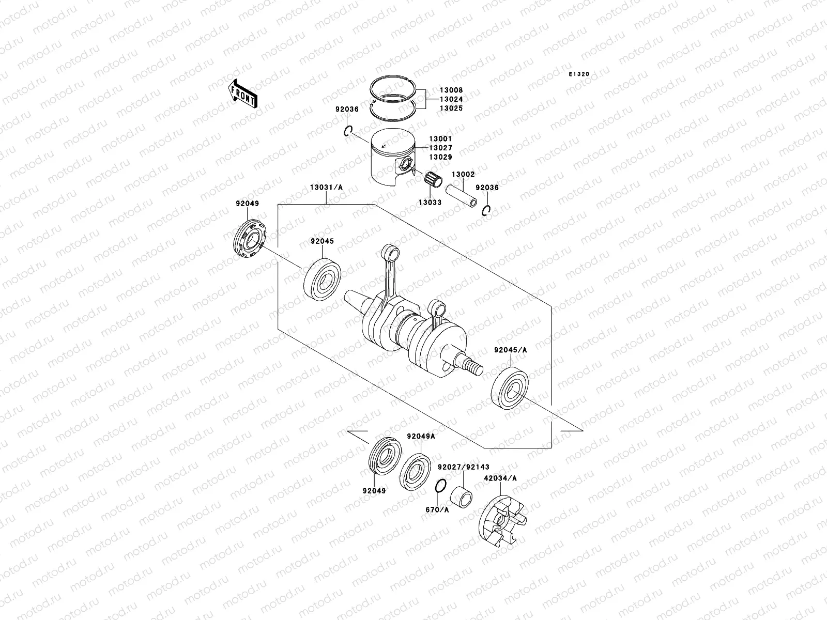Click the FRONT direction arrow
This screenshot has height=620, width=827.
(243, 94)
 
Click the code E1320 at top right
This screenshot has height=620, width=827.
(579, 74)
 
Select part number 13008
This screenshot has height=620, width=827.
(451, 90)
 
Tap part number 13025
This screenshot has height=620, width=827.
(451, 109)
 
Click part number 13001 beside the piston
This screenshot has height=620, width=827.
(440, 138)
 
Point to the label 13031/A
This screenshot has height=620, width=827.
(326, 188)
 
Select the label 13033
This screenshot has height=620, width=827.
(430, 203)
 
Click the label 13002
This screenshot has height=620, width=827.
(463, 175)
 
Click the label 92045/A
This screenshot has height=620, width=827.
(510, 350)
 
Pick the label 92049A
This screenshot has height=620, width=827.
(421, 436)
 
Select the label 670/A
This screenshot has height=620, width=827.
(437, 509)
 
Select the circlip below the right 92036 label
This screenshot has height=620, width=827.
(486, 211)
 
